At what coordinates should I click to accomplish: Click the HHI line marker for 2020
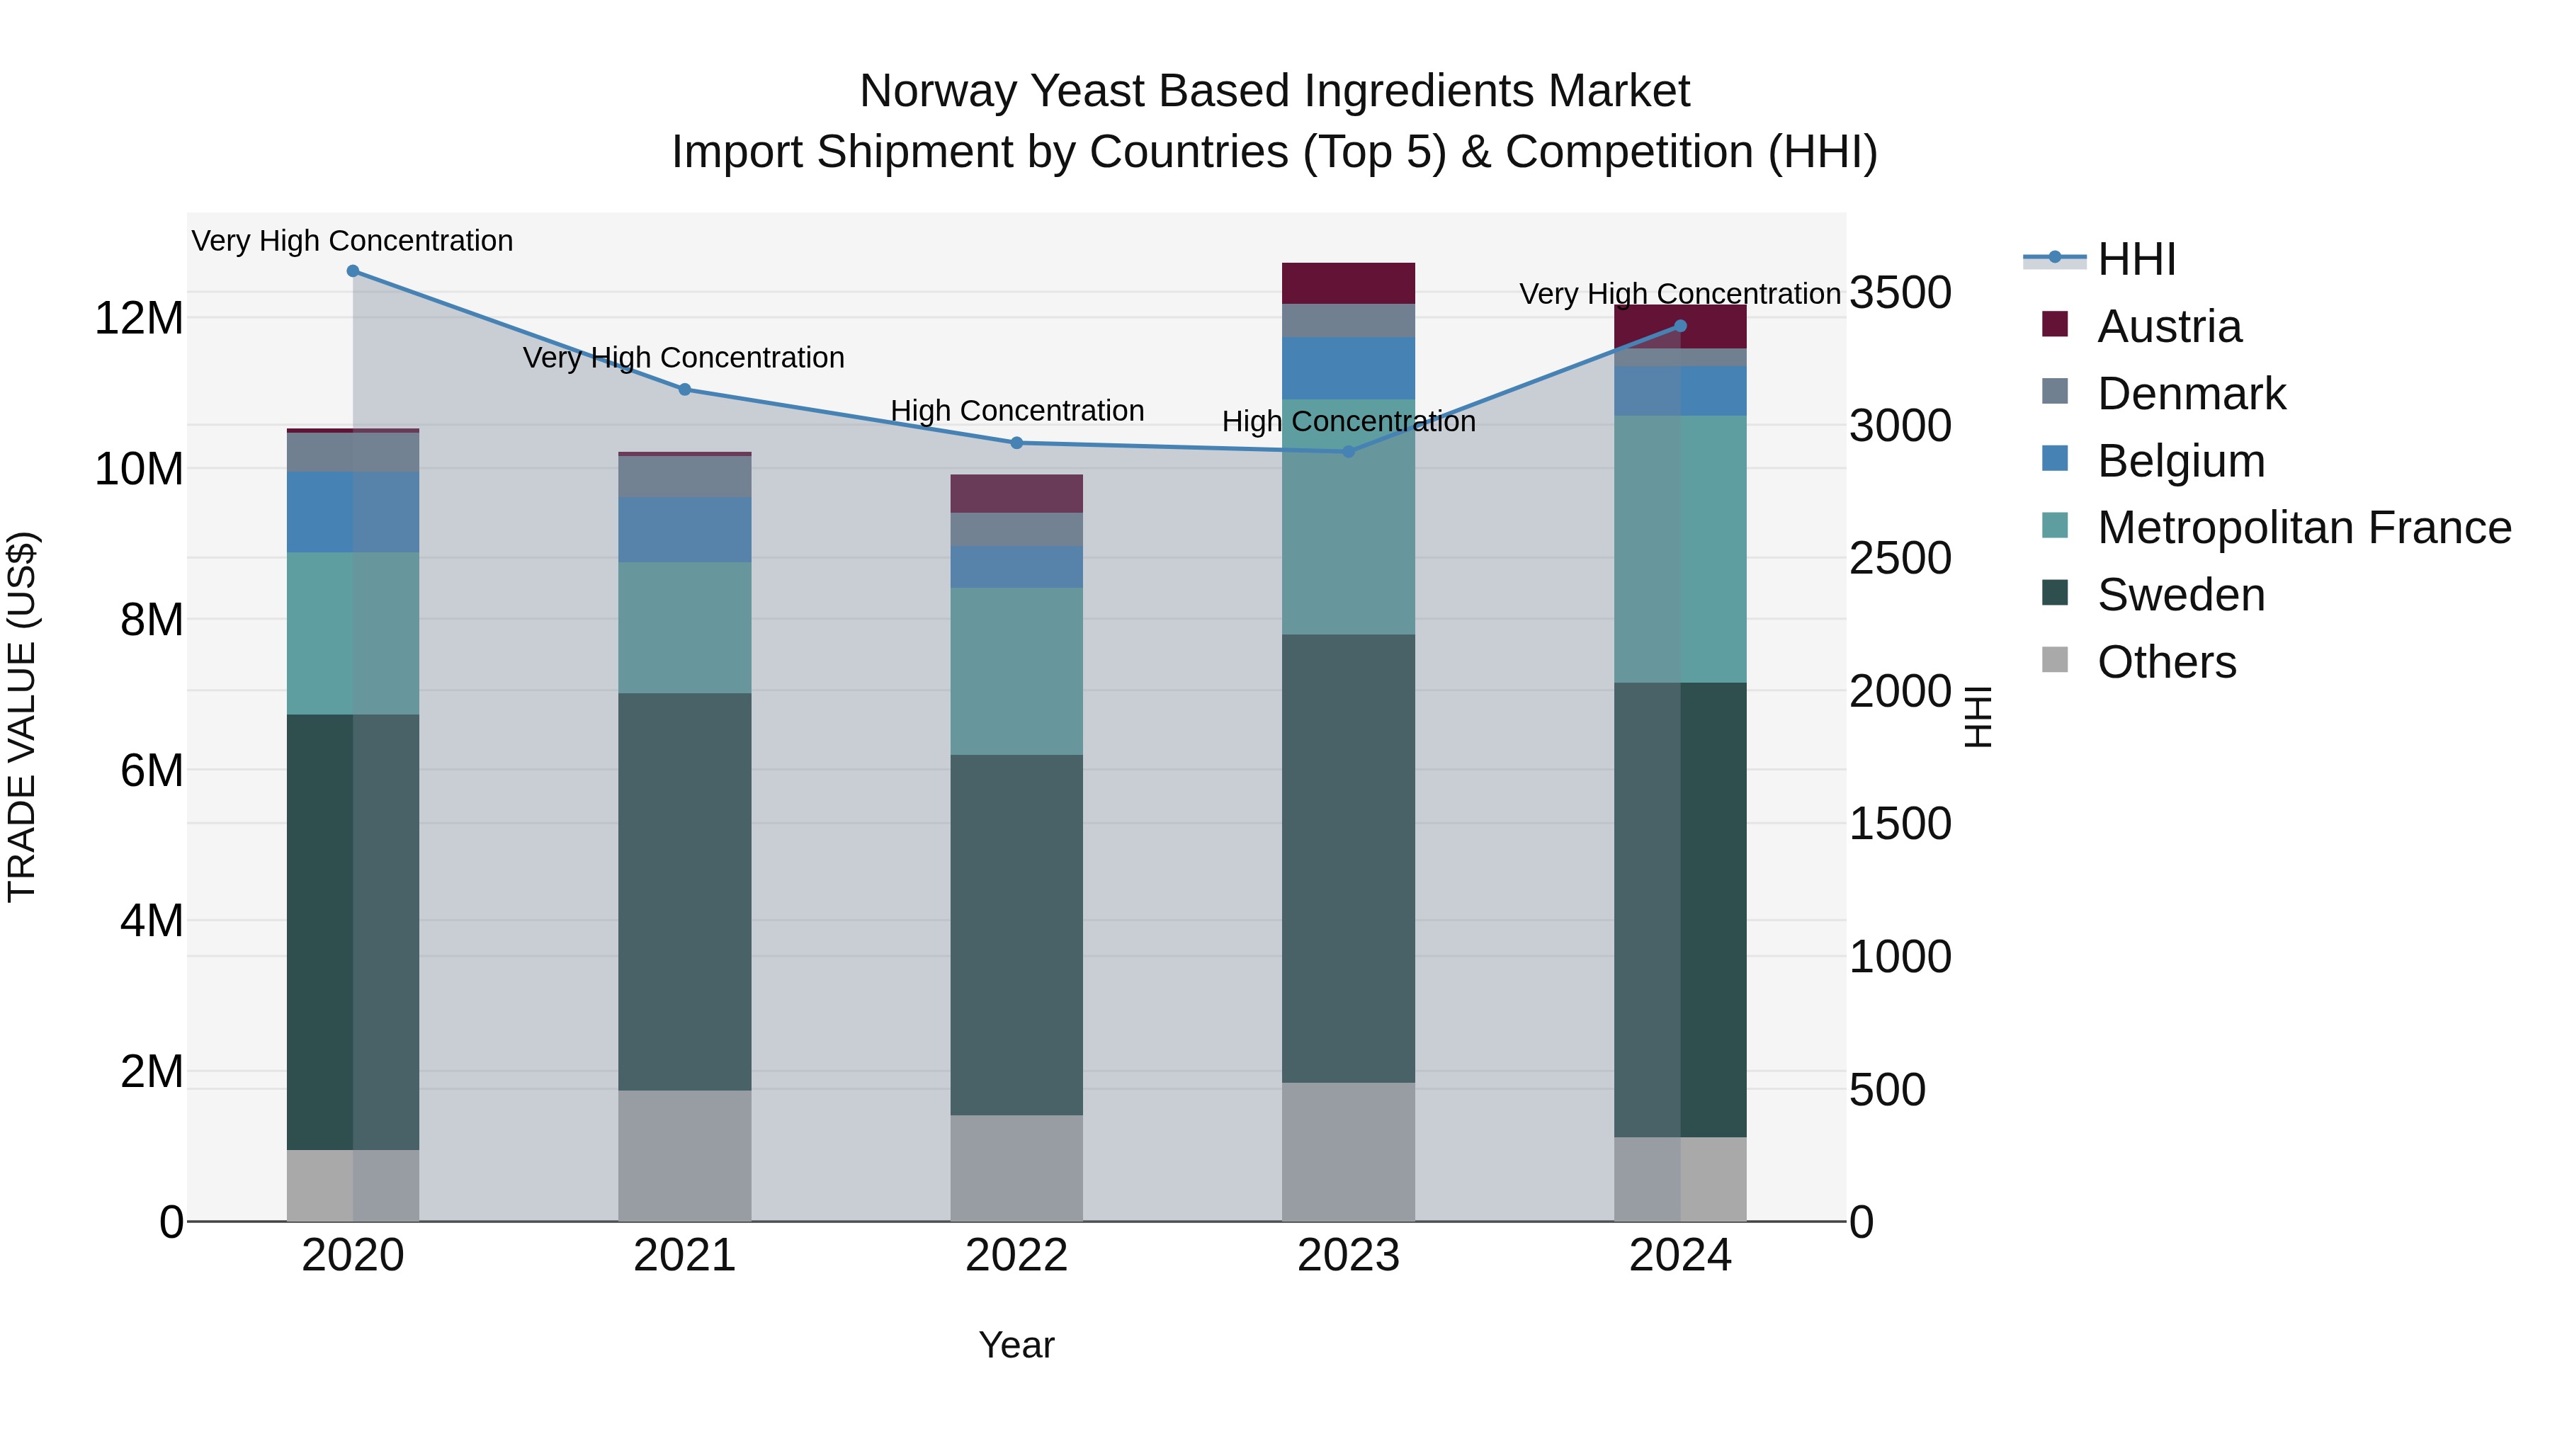[353, 271]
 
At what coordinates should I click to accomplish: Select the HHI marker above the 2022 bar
[1016, 443]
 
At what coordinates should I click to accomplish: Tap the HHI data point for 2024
[1680, 326]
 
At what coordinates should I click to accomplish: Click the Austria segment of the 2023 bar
[1348, 283]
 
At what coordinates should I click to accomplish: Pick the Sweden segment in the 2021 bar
[685, 891]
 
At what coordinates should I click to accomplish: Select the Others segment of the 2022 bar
[1016, 1168]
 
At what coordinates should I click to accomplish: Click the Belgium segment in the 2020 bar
[353, 512]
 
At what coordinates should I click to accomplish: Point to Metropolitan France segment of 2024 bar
[1680, 550]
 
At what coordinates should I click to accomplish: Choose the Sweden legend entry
[2181, 595]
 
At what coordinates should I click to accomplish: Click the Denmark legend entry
[2191, 394]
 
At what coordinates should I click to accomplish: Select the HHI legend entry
[2136, 259]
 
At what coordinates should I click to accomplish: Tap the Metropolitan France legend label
[2303, 528]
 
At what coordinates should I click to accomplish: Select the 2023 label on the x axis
[1348, 1256]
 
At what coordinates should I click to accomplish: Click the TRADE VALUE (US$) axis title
[22, 717]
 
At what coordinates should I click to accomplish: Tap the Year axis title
[1016, 1345]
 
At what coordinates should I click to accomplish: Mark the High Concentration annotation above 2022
[1016, 411]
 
